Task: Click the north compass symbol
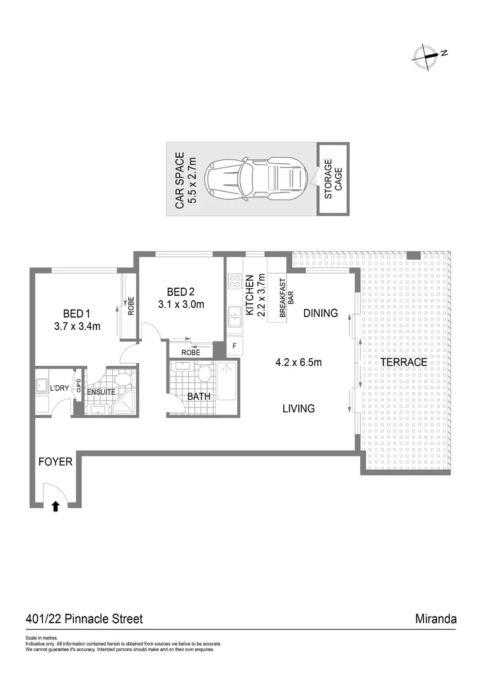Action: tap(426, 56)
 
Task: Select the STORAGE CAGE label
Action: tap(333, 180)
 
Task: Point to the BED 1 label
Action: tap(78, 313)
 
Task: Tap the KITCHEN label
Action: tap(249, 294)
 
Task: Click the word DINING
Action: tap(320, 313)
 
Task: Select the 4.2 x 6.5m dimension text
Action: tap(298, 363)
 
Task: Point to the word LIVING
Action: tap(298, 409)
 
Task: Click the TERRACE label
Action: tap(404, 363)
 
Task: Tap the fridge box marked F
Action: tap(234, 346)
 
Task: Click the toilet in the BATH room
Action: tap(203, 373)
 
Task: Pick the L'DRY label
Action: tap(59, 388)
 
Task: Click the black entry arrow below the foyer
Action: tap(56, 505)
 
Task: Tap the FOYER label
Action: tap(56, 462)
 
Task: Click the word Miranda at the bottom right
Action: tap(436, 619)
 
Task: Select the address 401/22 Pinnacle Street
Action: tap(84, 619)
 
